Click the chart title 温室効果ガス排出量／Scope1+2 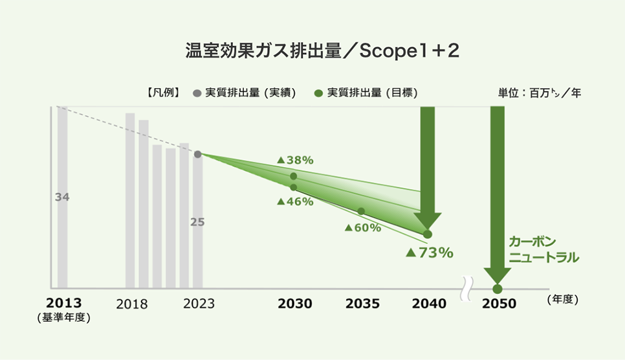[312, 52]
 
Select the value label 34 [62, 197]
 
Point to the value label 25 [197, 221]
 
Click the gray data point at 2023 [197, 154]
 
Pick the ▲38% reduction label [295, 160]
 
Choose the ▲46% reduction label [295, 201]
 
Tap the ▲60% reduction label [362, 227]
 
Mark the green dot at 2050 [497, 289]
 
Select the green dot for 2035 [361, 211]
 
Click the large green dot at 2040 [427, 234]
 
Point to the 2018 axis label [132, 304]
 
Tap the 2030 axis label [295, 304]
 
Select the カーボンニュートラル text [543, 249]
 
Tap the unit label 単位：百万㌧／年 [535, 93]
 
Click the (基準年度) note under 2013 [63, 317]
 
